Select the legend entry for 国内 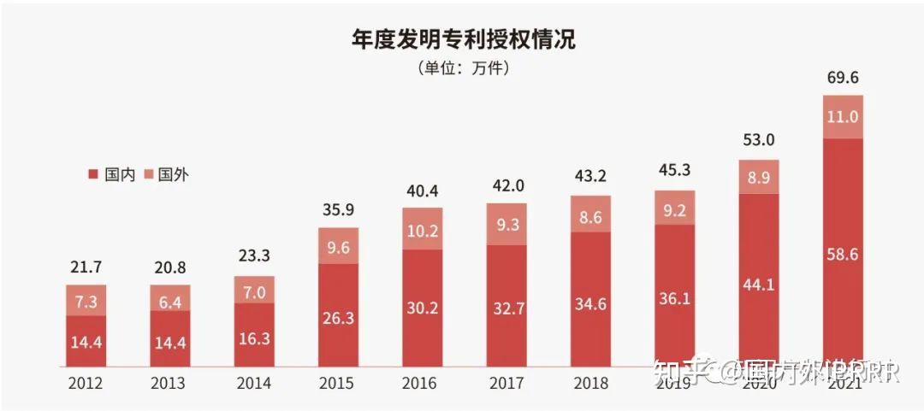[x=107, y=174]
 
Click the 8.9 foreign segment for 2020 [x=758, y=177]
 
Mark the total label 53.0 [x=758, y=140]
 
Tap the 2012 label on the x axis [x=86, y=384]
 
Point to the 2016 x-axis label [x=423, y=384]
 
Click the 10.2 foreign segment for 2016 [x=423, y=230]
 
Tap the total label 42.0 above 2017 [x=506, y=185]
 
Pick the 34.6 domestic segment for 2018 [x=590, y=299]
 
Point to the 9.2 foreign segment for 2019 [x=674, y=208]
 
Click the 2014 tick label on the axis [x=254, y=384]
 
